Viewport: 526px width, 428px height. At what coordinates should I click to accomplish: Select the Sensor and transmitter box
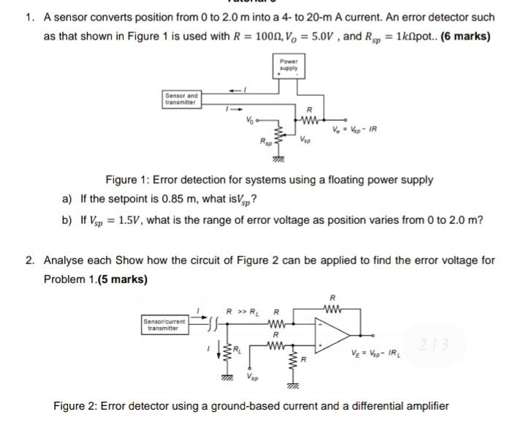pos(182,100)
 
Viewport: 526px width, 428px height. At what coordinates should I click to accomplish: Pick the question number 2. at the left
pos(29,260)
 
